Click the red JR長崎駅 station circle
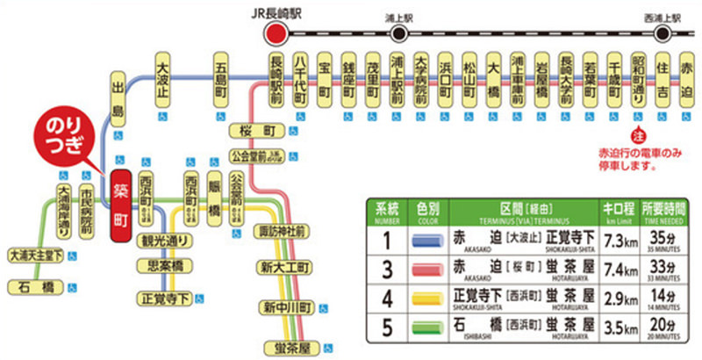tap(277, 34)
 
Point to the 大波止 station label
tap(162, 78)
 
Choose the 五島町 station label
tap(220, 78)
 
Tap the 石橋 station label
tap(37, 284)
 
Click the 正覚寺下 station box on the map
tap(163, 298)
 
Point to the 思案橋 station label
tap(166, 264)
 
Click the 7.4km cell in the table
tap(612, 268)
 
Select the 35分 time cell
tap(660, 240)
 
